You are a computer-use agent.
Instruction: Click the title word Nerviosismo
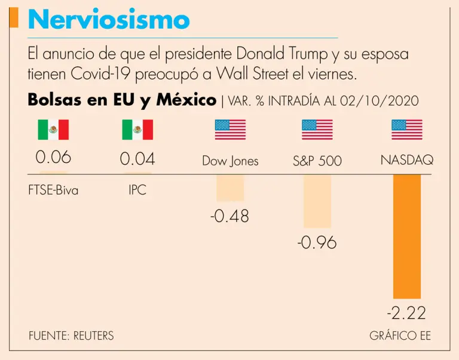tap(109, 20)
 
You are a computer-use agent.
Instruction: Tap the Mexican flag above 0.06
tap(53, 130)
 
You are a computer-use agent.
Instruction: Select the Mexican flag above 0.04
tap(137, 130)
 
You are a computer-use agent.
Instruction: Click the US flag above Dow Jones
tap(230, 130)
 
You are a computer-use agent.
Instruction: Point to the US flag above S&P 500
tap(317, 130)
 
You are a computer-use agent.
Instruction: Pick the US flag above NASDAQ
tap(406, 130)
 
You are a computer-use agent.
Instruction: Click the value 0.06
tap(53, 158)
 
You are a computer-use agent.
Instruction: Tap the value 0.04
tap(137, 159)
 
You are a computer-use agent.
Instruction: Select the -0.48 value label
tap(229, 216)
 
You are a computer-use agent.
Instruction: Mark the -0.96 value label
tap(317, 243)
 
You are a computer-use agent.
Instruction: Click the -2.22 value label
tap(406, 312)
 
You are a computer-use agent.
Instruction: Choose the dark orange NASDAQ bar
tap(406, 236)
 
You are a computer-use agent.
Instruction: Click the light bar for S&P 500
tap(317, 201)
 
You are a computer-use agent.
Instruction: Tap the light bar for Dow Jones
tap(230, 187)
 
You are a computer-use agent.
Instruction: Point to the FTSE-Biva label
tap(53, 191)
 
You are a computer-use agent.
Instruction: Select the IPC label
tap(137, 191)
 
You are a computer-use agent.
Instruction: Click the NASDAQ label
tap(406, 161)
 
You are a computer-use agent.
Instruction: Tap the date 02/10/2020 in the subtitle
tap(379, 101)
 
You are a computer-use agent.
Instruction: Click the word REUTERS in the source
tap(93, 336)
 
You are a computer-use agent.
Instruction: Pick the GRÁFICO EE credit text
tap(400, 336)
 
